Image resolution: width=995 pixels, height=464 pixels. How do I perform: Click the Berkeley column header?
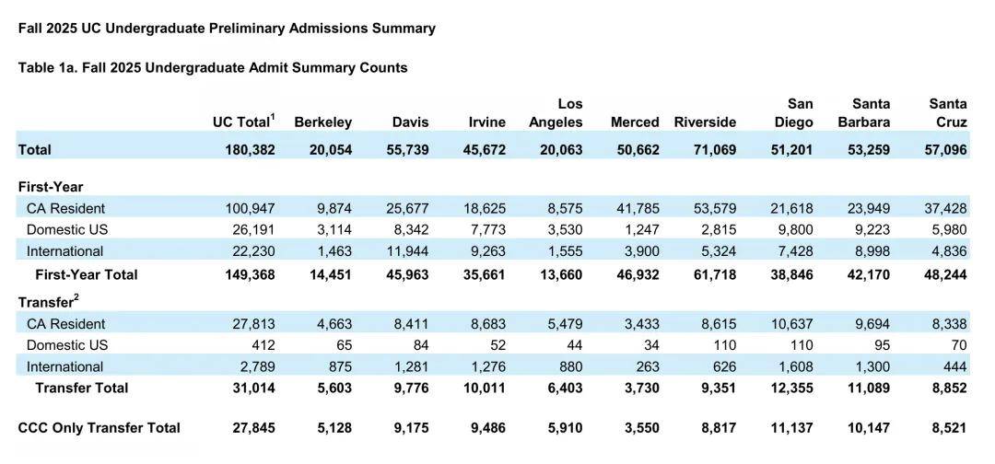(x=322, y=122)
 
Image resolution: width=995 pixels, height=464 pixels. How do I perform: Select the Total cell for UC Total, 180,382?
(x=250, y=149)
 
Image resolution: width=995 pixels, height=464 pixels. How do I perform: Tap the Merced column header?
(x=635, y=122)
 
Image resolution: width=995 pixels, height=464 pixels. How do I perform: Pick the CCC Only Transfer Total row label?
(x=99, y=428)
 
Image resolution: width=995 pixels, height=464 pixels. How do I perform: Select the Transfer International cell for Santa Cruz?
(x=954, y=366)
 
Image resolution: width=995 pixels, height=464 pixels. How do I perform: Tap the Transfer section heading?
(x=48, y=302)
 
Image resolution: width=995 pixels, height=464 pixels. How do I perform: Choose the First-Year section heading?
(x=51, y=187)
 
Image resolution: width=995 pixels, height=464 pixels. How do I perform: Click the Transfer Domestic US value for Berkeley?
(x=343, y=345)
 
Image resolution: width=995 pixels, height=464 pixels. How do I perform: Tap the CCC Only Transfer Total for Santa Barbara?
(x=869, y=428)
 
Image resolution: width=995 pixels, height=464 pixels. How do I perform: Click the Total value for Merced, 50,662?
(x=635, y=149)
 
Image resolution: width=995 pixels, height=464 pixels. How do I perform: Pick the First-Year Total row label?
(x=87, y=274)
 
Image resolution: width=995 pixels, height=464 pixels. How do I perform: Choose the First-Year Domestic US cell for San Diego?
(x=796, y=229)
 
